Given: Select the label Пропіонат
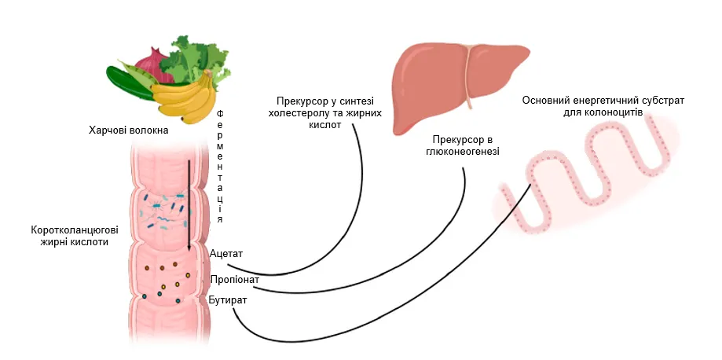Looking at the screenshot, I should pyautogui.click(x=233, y=280).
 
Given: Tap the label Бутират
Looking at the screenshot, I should pyautogui.click(x=228, y=301).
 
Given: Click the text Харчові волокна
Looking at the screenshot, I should pyautogui.click(x=129, y=127).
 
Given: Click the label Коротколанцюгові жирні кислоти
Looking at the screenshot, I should pyautogui.click(x=75, y=236).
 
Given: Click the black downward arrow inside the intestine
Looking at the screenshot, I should pyautogui.click(x=189, y=204).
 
